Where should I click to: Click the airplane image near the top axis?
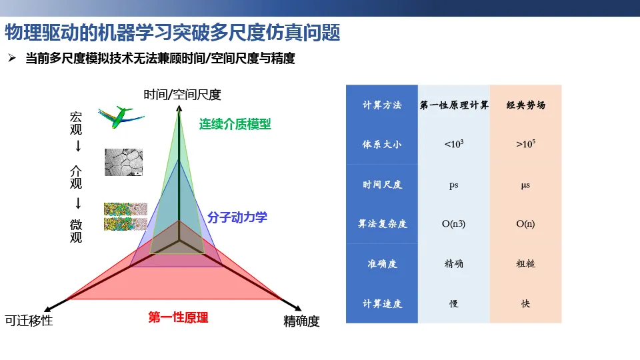121,117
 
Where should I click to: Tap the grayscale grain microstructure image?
124,162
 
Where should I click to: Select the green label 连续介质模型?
235,124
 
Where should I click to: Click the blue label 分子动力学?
237,217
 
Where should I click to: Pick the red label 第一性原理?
178,317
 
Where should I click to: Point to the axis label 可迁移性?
29,321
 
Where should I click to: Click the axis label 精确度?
301,321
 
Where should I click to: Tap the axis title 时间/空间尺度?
182,95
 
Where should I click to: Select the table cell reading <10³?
454,144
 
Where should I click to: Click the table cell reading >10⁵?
526,144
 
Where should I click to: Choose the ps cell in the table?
454,185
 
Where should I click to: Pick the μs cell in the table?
526,185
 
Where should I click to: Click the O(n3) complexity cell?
453,224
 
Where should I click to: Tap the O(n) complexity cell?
525,224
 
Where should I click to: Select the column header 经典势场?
526,105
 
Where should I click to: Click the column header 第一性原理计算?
454,105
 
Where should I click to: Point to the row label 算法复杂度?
382,224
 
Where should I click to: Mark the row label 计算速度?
382,304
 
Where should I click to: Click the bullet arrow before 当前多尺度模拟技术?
12,59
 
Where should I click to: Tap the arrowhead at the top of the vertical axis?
179,108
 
